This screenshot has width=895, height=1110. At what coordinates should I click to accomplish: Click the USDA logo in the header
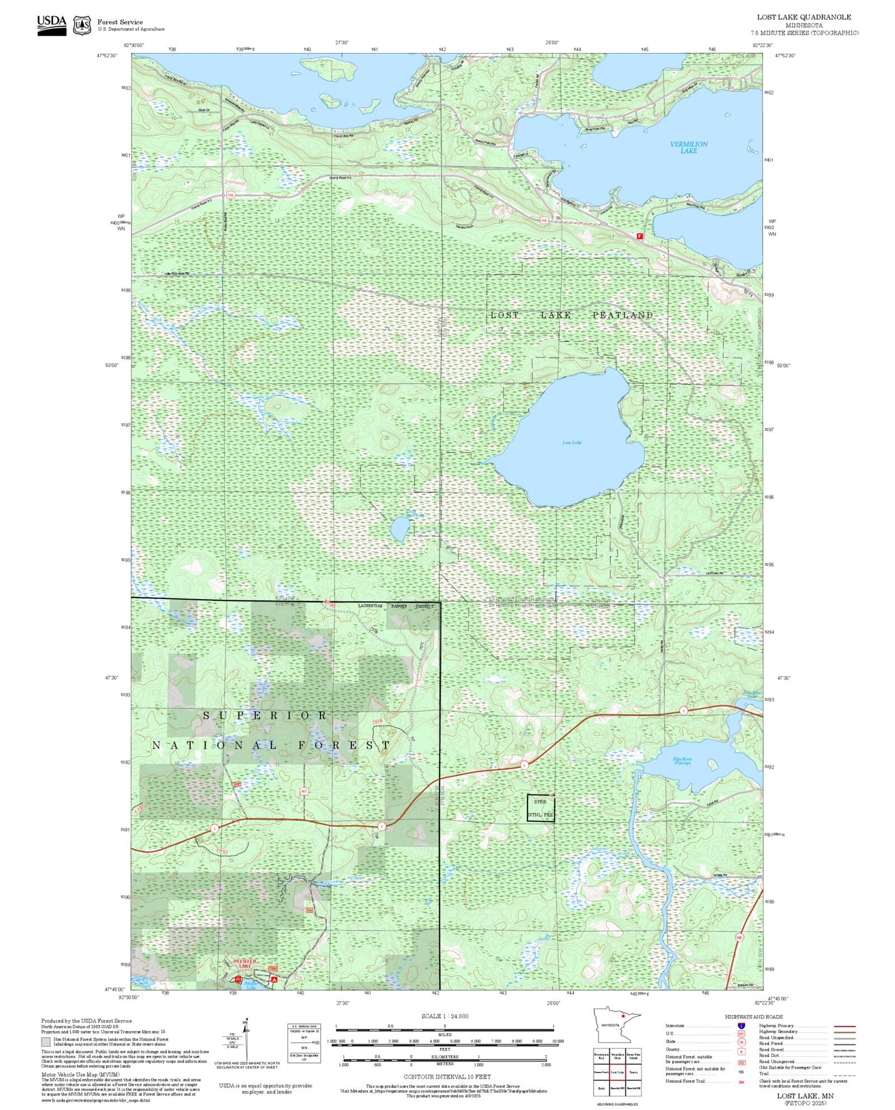[51, 24]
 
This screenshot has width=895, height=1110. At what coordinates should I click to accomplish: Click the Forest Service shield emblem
[82, 25]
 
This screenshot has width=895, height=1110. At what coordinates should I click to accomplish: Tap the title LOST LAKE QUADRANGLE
[804, 17]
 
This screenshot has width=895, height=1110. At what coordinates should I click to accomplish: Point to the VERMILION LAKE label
[689, 147]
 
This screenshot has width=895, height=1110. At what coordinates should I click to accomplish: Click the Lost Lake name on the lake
[572, 442]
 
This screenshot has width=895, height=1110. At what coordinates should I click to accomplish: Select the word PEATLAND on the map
[622, 315]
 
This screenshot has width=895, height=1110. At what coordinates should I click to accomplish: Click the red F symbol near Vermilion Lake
[640, 236]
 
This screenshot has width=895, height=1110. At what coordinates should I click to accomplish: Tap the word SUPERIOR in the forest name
[265, 715]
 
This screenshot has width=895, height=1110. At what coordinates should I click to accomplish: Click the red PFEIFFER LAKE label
[245, 962]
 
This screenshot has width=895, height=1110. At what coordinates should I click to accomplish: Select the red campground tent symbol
[274, 979]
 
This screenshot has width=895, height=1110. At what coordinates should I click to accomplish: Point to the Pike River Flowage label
[683, 761]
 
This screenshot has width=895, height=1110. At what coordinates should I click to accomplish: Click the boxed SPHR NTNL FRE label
[541, 808]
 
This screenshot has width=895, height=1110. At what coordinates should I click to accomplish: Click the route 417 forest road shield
[304, 792]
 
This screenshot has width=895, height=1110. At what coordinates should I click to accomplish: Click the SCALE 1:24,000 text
[445, 1016]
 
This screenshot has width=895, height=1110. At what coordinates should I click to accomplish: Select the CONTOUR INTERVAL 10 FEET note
[447, 1077]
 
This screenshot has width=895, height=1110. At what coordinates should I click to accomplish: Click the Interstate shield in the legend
[741, 1025]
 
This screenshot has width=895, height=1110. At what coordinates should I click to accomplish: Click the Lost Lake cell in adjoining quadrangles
[617, 1071]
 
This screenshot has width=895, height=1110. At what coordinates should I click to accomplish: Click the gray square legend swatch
[46, 1041]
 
